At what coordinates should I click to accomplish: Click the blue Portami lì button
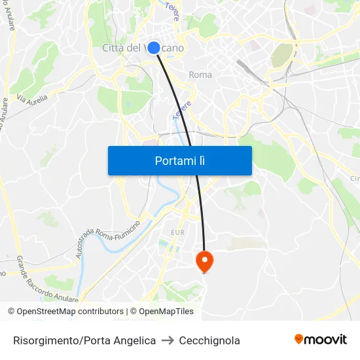[179, 160]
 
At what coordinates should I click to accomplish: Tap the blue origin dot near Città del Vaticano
[154, 47]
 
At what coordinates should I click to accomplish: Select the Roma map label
[200, 75]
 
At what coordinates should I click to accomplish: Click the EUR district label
[177, 232]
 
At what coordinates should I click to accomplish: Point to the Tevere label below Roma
[182, 109]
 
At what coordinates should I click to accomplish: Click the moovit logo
[321, 340]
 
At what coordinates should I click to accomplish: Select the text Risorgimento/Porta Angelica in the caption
[84, 340]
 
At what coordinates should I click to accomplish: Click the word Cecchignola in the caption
[211, 340]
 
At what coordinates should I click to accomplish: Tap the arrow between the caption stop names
[168, 340]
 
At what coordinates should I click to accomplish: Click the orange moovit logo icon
[299, 339]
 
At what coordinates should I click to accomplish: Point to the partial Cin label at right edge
[355, 179]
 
